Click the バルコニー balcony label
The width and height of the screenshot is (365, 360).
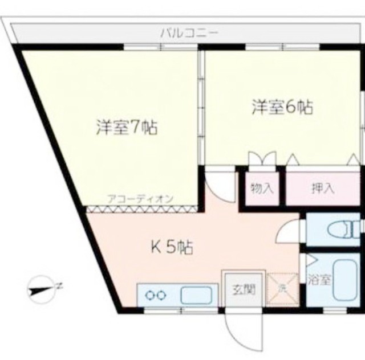click(x=190, y=34)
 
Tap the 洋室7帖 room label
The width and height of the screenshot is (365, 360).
click(x=127, y=127)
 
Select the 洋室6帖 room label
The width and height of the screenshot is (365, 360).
click(x=282, y=107)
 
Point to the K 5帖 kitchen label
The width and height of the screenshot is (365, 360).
click(x=172, y=247)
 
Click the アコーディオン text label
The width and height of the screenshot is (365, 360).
click(x=140, y=199)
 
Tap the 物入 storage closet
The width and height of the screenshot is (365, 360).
click(x=262, y=189)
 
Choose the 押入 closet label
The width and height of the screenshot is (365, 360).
click(x=323, y=189)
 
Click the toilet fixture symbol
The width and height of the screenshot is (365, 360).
click(x=344, y=229)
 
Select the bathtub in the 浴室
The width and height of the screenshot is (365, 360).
click(x=345, y=280)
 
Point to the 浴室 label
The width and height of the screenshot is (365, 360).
click(x=319, y=280)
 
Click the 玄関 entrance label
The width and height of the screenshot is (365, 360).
click(x=244, y=290)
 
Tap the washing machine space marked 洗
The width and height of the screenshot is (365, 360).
click(x=282, y=289)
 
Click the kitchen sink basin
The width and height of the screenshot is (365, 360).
click(x=197, y=295)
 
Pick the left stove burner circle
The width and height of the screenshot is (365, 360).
click(x=149, y=296)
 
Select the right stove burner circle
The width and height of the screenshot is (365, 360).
click(x=161, y=296)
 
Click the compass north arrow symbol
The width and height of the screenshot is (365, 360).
click(x=42, y=289)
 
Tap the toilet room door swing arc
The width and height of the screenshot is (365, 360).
click(x=284, y=230)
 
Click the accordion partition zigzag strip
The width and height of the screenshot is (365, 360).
click(x=143, y=209)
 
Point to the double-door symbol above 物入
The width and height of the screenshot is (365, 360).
click(x=262, y=158)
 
